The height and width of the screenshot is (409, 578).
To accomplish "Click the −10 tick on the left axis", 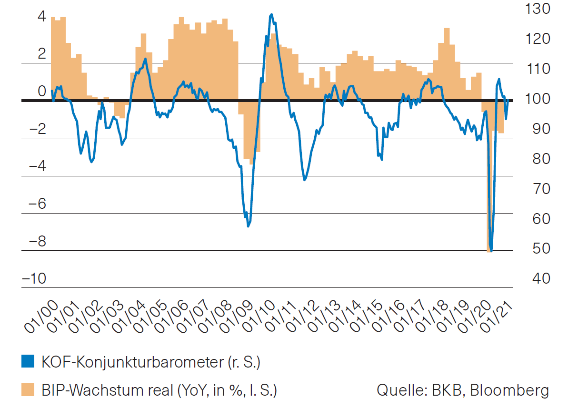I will [x=34, y=278].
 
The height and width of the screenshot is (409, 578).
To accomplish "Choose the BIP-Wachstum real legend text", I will [x=159, y=390].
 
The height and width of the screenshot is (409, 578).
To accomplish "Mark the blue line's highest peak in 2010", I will [x=271, y=15].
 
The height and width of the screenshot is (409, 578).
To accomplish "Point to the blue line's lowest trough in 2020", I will [x=490, y=251].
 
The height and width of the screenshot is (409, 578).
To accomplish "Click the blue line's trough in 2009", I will [x=248, y=226].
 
